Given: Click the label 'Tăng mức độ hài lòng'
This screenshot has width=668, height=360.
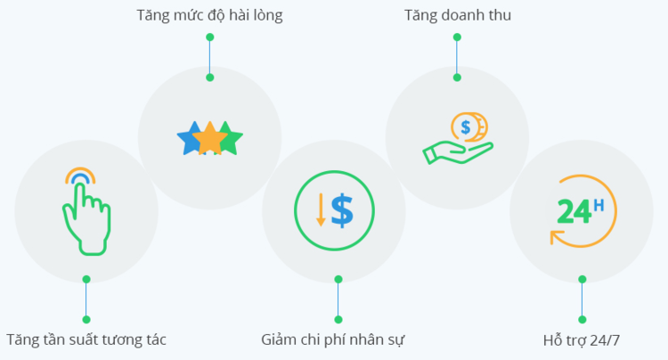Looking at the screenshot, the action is click(x=209, y=15).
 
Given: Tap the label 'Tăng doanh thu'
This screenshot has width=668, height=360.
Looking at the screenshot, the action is click(x=458, y=15).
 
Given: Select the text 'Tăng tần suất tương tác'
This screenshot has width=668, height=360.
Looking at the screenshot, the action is click(x=86, y=340).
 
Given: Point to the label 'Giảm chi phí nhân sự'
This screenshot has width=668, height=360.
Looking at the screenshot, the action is click(x=333, y=340).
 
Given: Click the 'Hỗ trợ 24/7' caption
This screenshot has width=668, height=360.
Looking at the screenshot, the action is click(x=582, y=340).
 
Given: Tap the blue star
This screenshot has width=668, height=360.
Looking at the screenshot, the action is click(x=189, y=138).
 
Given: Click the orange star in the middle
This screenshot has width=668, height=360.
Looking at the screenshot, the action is click(x=209, y=138).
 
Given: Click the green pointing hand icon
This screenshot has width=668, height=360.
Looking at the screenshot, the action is click(x=86, y=220).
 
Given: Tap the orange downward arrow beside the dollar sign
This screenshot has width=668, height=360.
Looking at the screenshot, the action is click(x=321, y=209).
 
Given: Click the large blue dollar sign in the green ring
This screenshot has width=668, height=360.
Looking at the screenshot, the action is click(x=343, y=211).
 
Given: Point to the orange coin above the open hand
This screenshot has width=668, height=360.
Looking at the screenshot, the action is click(x=469, y=127).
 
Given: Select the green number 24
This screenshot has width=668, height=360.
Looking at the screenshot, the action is click(x=574, y=212).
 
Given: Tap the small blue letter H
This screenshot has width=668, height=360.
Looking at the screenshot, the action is click(x=599, y=206).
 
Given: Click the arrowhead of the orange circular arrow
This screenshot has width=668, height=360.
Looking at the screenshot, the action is click(x=555, y=237).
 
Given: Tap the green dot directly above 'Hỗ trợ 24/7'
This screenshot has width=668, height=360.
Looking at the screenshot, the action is click(x=582, y=320).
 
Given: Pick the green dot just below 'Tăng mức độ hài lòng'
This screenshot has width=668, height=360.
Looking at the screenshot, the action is click(x=209, y=37).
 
